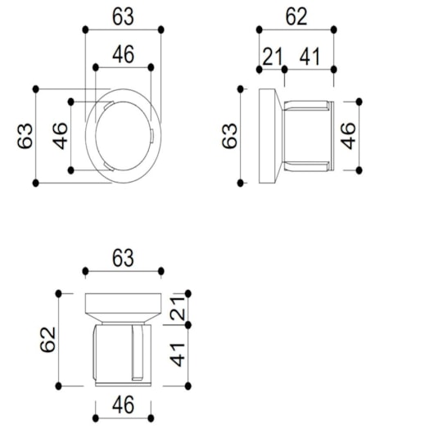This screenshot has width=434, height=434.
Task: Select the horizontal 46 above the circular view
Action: pyautogui.click(x=123, y=54)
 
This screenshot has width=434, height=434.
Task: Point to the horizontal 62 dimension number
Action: pyautogui.click(x=296, y=15)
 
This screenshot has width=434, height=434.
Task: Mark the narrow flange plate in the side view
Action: pyautogui.click(x=269, y=135)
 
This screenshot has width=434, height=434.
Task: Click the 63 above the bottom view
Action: pyautogui.click(x=123, y=258)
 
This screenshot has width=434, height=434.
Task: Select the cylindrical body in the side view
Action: pyautogui.click(x=308, y=135)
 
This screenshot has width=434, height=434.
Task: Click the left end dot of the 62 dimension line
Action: pyautogui.click(x=259, y=30)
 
